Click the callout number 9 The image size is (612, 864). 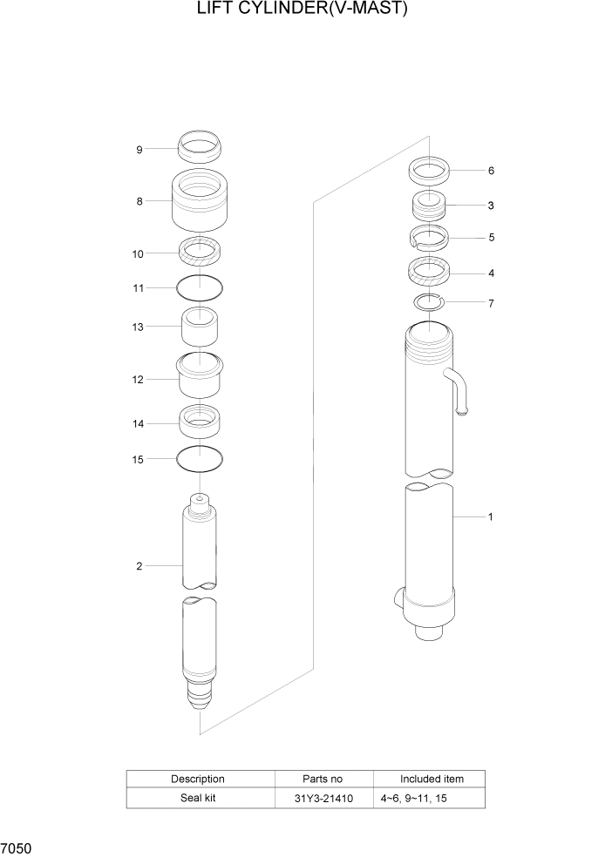(139, 150)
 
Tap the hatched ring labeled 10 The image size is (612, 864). (200, 253)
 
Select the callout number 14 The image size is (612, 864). (138, 423)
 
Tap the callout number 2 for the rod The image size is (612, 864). (139, 566)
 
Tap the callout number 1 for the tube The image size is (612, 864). (491, 516)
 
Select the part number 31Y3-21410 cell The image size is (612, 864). (323, 798)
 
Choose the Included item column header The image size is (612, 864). (431, 779)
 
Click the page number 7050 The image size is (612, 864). (17, 847)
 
